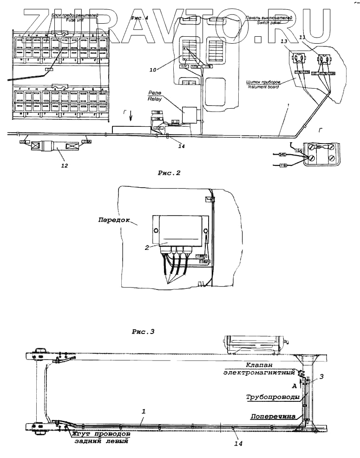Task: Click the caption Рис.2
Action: [x=169, y=174]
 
